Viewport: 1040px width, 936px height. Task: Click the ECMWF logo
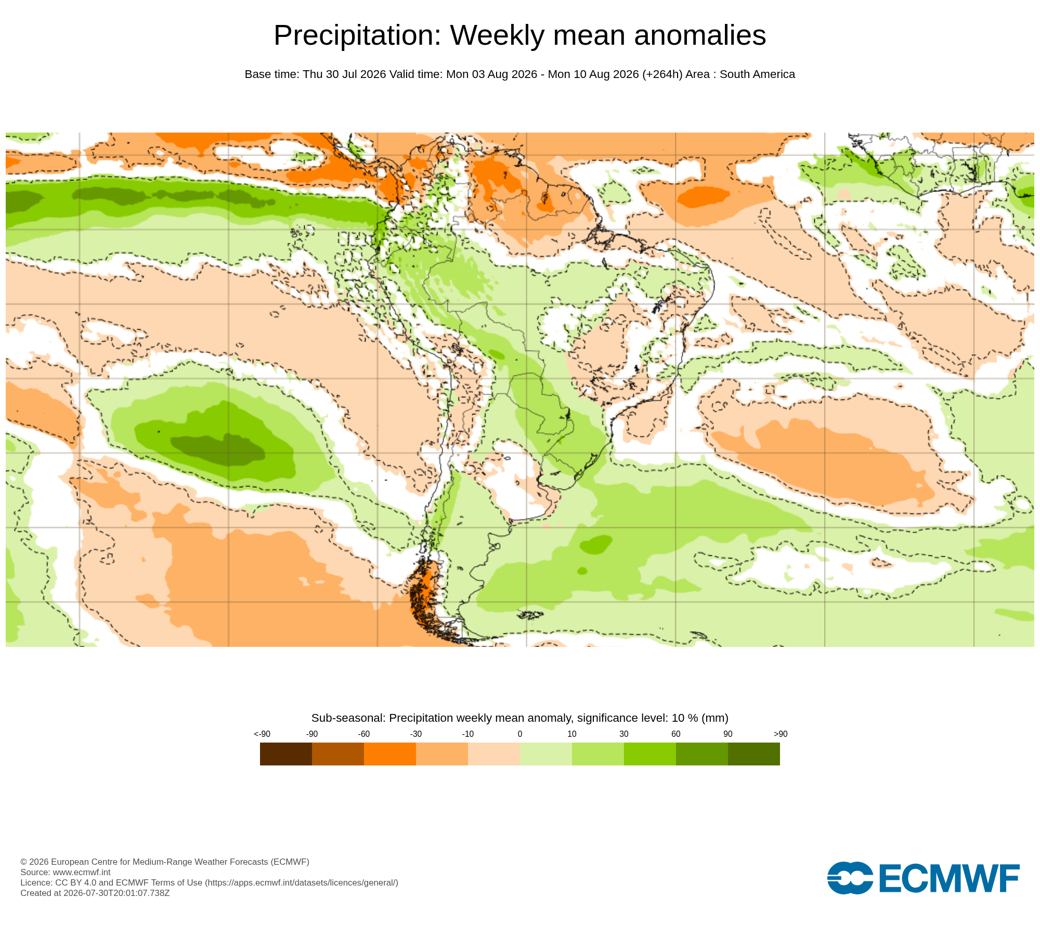click(x=924, y=878)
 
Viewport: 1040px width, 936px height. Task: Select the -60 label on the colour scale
click(x=364, y=734)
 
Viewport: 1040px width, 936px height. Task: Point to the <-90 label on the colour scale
click(x=262, y=734)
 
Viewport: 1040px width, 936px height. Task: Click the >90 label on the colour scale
click(x=781, y=734)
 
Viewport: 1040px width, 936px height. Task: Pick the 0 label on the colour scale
click(x=520, y=734)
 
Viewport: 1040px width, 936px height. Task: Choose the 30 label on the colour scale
click(x=624, y=734)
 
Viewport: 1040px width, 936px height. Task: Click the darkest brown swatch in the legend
click(x=286, y=754)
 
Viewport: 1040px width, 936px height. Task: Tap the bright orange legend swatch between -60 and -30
click(x=390, y=754)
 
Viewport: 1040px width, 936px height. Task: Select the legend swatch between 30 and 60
click(x=650, y=754)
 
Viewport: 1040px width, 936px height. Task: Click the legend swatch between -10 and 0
click(x=494, y=754)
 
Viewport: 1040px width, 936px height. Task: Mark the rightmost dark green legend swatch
click(x=754, y=754)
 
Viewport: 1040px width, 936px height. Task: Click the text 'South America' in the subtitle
click(x=757, y=74)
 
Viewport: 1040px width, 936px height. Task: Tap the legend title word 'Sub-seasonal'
click(x=348, y=718)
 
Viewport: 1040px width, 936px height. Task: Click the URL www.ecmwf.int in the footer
click(x=82, y=872)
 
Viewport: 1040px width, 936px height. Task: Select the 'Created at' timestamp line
click(x=95, y=893)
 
